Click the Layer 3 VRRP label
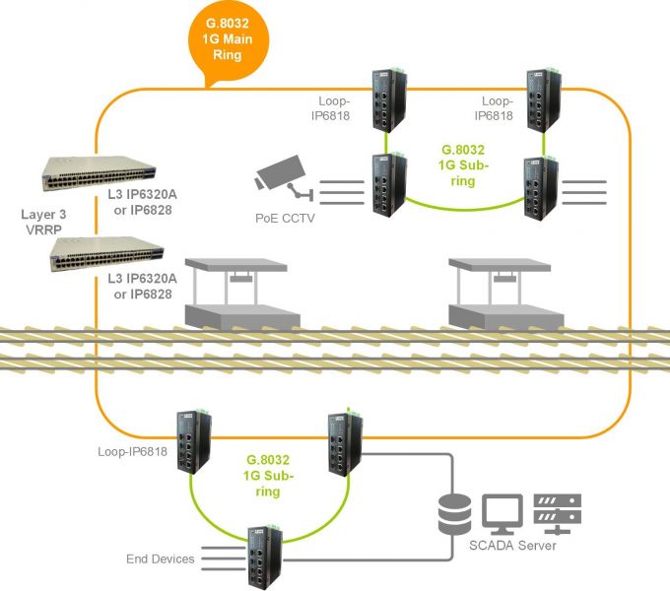[44, 222]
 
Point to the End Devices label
[161, 559]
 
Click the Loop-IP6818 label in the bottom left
[131, 453]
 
